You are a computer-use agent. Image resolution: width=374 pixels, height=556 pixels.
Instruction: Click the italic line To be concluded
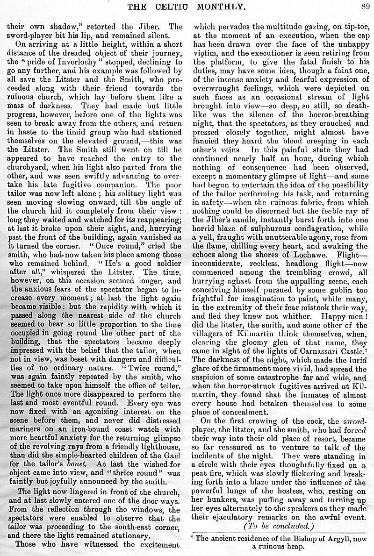click(x=277, y=525)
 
